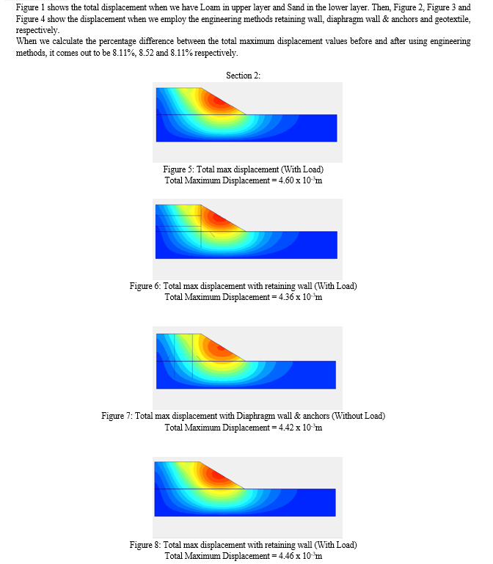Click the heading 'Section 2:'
click(243, 76)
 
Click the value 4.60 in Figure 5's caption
click(286, 180)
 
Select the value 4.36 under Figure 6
click(286, 297)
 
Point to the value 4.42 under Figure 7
click(286, 428)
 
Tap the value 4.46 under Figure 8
click(286, 556)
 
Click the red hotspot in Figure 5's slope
click(220, 101)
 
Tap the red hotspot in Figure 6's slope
click(218, 218)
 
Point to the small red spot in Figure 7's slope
click(221, 348)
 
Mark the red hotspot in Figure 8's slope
click(218, 475)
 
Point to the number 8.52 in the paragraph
click(146, 53)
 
